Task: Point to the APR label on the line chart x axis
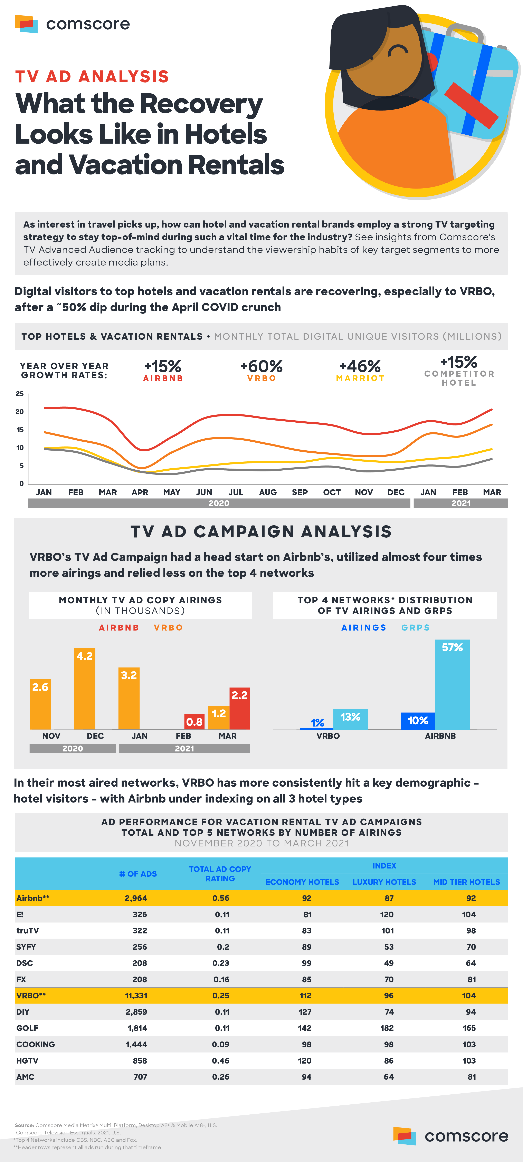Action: click(140, 492)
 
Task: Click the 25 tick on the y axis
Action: click(20, 394)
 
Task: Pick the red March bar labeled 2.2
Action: click(240, 708)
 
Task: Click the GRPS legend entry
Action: click(415, 627)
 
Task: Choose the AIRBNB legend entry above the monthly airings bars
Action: click(119, 627)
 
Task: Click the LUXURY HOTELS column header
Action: click(384, 882)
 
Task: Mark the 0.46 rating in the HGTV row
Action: click(221, 1060)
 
